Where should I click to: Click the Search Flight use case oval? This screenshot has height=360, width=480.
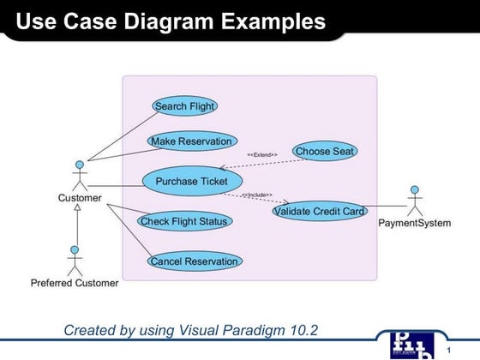pyautogui.click(x=184, y=106)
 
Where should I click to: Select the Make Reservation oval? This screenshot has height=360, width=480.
pyautogui.click(x=191, y=141)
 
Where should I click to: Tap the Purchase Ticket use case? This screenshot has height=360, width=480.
pyautogui.click(x=191, y=181)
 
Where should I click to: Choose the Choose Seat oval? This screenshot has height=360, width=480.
pyautogui.click(x=325, y=151)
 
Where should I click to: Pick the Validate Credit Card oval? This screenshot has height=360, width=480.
pyautogui.click(x=319, y=210)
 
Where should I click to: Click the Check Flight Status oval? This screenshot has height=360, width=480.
pyautogui.click(x=184, y=221)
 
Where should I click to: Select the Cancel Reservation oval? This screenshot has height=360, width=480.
pyautogui.click(x=194, y=261)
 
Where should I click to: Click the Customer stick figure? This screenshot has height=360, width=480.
pyautogui.click(x=80, y=175)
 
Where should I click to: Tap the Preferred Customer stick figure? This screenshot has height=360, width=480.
pyautogui.click(x=75, y=260)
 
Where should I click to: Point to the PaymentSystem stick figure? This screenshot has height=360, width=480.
pyautogui.click(x=415, y=201)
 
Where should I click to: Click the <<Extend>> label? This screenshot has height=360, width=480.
pyautogui.click(x=261, y=154)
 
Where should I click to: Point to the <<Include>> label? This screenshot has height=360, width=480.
pyautogui.click(x=256, y=195)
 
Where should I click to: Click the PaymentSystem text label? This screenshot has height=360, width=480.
pyautogui.click(x=415, y=224)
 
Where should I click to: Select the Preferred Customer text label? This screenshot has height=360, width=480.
pyautogui.click(x=75, y=283)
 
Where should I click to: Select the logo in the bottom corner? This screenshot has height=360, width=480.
pyautogui.click(x=409, y=344)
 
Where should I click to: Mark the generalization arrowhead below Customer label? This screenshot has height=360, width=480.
pyautogui.click(x=77, y=208)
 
